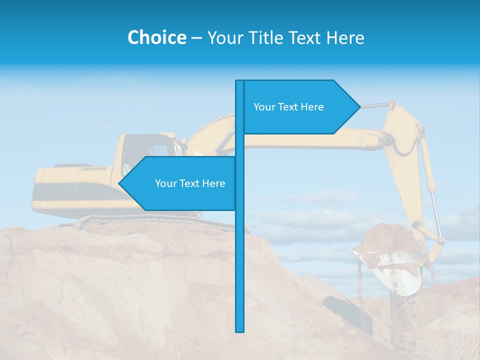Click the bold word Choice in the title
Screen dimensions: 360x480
pos(156,37)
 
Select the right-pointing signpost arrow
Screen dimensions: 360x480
pos(300,107)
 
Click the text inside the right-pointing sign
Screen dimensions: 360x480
pos(288,107)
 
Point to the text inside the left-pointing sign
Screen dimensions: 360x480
pos(190,183)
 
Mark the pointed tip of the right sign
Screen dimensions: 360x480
pos(359,106)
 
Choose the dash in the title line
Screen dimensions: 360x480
pos(196,38)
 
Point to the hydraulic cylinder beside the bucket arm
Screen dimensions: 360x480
pos(430,185)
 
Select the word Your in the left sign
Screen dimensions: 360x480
pos(165,183)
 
